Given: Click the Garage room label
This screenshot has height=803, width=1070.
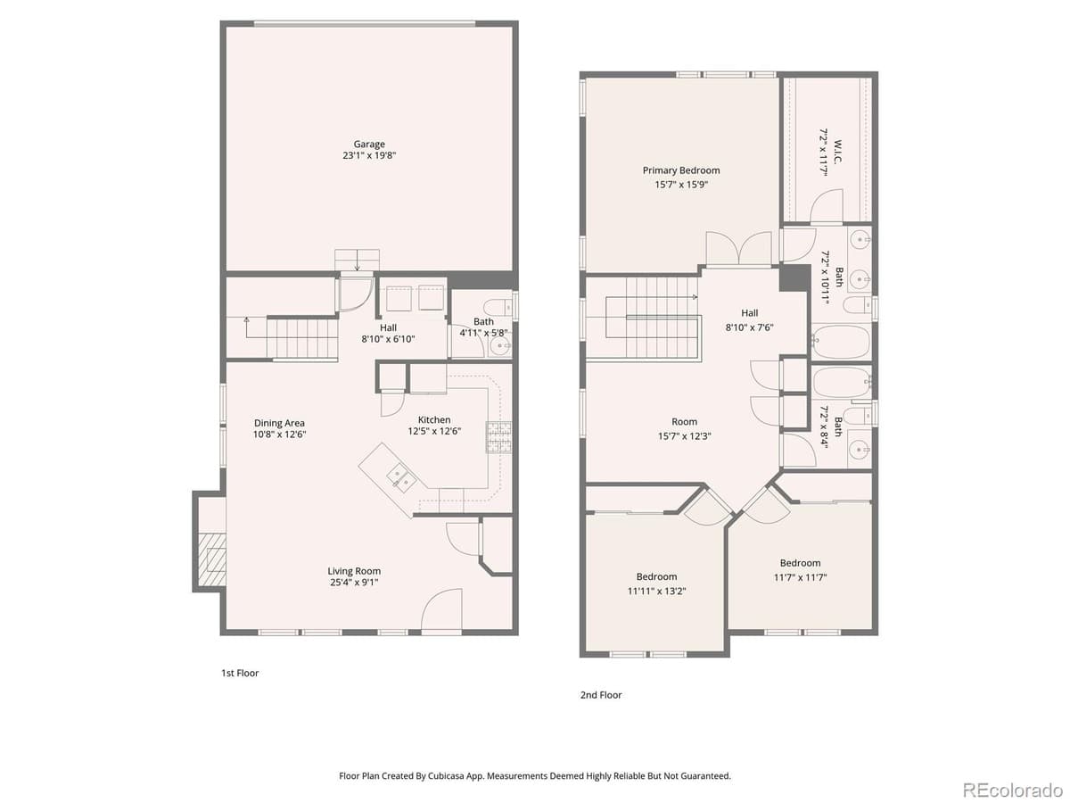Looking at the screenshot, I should [x=369, y=144].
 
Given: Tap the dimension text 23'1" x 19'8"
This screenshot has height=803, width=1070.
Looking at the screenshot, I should [x=369, y=155].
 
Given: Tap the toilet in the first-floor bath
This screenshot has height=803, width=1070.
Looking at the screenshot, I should [x=498, y=304].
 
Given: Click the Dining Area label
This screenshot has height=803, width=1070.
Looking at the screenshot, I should [x=280, y=423].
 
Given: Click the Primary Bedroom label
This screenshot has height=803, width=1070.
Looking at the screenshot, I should [x=681, y=170].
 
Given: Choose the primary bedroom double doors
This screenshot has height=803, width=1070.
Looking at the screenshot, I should [x=738, y=248].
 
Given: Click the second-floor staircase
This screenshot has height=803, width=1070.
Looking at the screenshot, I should [x=660, y=316].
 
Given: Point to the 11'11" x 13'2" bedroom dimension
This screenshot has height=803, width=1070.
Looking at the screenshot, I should [x=656, y=591].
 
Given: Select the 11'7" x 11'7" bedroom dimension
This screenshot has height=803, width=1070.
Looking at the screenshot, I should [x=800, y=577].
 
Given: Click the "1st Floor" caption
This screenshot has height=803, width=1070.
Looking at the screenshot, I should [x=240, y=673].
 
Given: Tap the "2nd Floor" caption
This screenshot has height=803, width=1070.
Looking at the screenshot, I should [x=601, y=694].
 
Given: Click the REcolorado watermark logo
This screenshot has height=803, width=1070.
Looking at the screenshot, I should [x=1013, y=789].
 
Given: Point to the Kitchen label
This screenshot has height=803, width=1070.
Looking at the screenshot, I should [x=434, y=419].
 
